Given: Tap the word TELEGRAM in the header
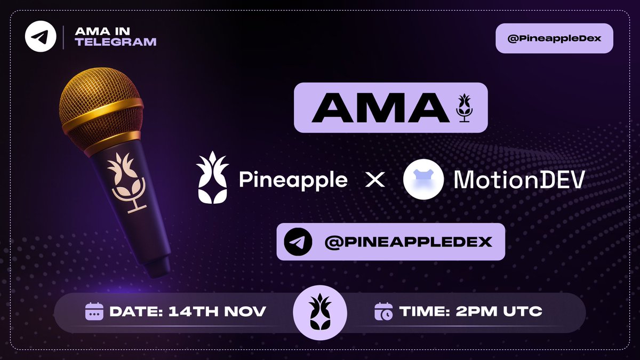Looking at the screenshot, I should pos(116,42).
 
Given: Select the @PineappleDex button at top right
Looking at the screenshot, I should pos(554,39).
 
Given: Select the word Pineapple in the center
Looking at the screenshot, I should pos(293,180).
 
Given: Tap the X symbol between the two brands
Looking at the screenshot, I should pos(375,180).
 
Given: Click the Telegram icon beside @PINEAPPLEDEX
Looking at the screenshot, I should pos(298,242).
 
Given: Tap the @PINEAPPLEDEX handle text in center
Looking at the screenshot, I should pos(408,242).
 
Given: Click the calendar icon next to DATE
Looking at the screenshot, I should pos(94,311).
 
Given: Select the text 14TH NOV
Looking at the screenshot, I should pos(217,311).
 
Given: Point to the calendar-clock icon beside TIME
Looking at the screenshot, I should pos(383,311).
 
